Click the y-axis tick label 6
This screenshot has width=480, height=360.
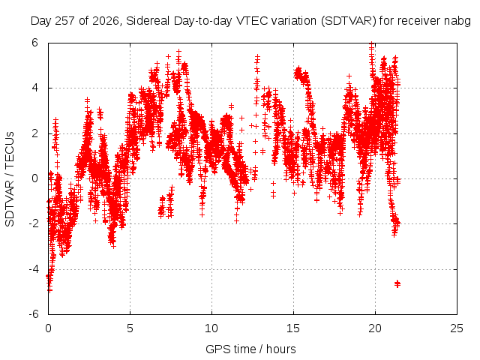click(35, 43)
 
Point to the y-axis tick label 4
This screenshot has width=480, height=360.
click(35, 88)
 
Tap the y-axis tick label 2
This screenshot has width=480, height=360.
click(35, 133)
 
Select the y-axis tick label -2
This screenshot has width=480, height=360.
click(33, 223)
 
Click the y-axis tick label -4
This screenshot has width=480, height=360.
click(33, 269)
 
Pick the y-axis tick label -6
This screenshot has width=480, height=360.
click(33, 314)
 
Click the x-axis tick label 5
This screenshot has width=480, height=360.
click(130, 328)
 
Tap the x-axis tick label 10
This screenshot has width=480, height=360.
click(211, 328)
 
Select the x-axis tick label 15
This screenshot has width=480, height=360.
click(293, 328)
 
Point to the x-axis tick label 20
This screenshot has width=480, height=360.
click(375, 328)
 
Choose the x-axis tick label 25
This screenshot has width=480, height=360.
click(457, 328)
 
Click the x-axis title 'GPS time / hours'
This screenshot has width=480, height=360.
click(250, 349)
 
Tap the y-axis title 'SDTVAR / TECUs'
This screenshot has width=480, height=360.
click(10, 179)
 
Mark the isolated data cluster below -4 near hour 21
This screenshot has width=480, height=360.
click(397, 283)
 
